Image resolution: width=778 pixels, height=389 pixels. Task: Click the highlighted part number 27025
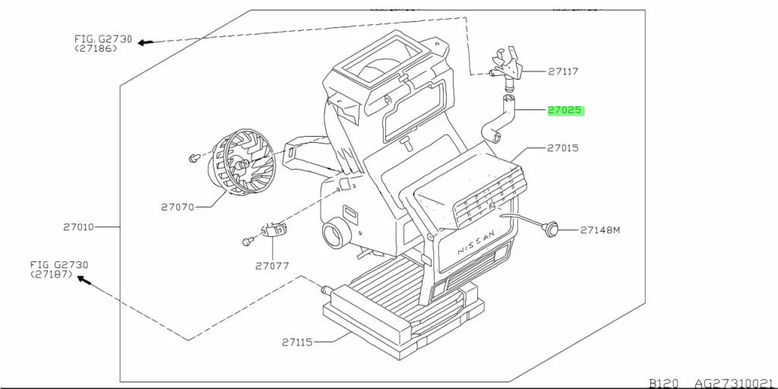[x=565, y=110]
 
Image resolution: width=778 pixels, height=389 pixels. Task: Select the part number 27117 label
[x=563, y=71]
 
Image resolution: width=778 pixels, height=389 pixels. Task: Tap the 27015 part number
[x=563, y=148]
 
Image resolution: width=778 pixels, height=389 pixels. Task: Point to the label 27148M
[x=600, y=229]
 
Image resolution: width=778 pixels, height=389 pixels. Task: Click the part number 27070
[x=177, y=207]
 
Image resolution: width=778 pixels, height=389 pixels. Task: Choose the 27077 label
[x=272, y=266]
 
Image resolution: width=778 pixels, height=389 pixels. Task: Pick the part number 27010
[x=78, y=227]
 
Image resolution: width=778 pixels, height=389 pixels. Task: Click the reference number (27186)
[x=96, y=49]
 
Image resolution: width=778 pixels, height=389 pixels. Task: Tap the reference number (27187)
[x=52, y=274]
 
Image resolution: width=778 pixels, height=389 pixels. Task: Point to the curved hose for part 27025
[x=498, y=118]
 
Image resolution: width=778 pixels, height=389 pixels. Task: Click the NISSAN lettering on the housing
[x=476, y=242]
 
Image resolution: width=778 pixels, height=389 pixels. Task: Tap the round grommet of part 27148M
[x=551, y=229]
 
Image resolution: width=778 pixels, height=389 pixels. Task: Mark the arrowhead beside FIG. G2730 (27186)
[x=144, y=43]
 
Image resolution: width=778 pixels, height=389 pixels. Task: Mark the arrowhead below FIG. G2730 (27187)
[x=84, y=281]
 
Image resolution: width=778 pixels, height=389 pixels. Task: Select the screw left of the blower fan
[x=194, y=158]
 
